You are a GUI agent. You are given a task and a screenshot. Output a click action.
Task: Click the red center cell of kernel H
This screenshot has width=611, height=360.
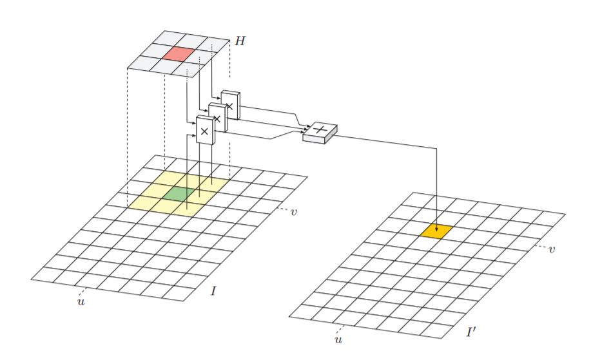pos(179,53)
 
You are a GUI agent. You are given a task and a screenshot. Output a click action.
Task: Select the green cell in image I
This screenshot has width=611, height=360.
pos(179,193)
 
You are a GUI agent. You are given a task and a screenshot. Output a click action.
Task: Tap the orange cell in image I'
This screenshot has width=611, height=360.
pos(436,231)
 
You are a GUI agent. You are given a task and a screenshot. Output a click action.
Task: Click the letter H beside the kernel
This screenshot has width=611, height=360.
pos(240,41)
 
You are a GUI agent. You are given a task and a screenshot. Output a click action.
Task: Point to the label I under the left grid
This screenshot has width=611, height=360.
pos(213,290)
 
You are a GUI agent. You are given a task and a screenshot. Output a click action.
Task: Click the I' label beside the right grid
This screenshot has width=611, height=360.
pos(471,332)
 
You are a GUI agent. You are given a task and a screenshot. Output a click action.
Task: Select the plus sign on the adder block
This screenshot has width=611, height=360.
pos(320,129)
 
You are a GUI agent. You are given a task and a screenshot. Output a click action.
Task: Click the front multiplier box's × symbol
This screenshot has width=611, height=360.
pos(204,131)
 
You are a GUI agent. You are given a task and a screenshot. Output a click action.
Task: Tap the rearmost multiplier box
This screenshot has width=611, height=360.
pos(230,105)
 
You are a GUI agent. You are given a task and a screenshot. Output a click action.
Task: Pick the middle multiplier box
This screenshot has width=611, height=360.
pos(218,117)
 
